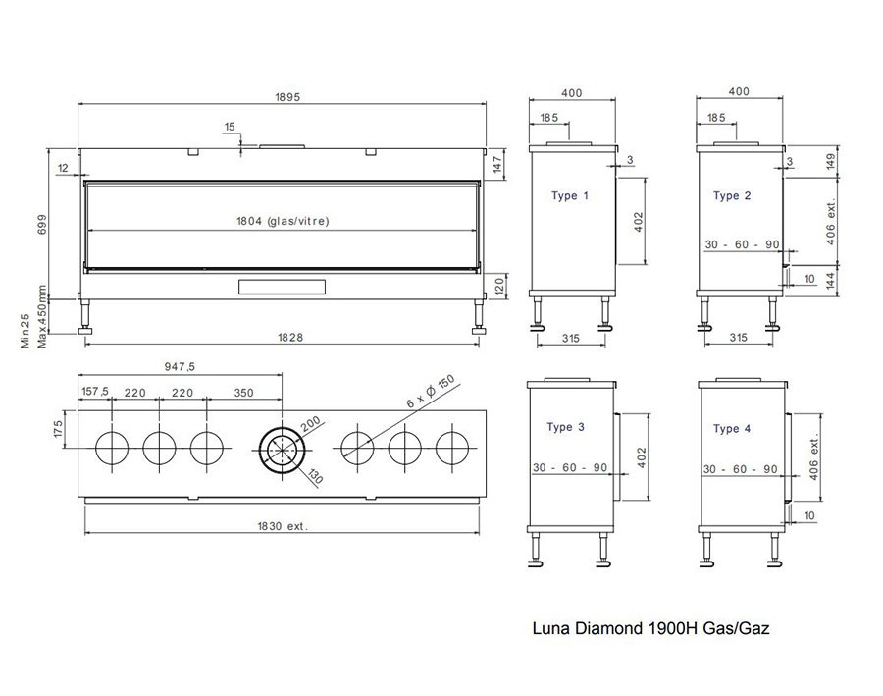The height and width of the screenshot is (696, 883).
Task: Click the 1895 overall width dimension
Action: [x=286, y=96]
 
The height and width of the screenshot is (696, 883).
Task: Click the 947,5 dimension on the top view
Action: [x=181, y=366]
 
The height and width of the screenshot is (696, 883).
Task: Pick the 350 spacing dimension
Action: [x=243, y=393]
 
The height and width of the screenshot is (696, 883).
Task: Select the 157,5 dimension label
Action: [x=94, y=393]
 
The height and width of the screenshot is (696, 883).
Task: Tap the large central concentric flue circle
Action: [x=282, y=449]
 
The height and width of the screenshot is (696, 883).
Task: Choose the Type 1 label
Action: [x=570, y=196]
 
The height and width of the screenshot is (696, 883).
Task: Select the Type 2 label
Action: [x=732, y=196]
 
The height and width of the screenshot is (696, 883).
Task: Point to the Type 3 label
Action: [x=566, y=428]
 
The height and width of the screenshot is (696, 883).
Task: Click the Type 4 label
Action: [x=732, y=429]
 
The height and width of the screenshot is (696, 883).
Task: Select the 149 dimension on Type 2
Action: [x=830, y=160]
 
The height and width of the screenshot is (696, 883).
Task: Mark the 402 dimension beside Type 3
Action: [x=643, y=456]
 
